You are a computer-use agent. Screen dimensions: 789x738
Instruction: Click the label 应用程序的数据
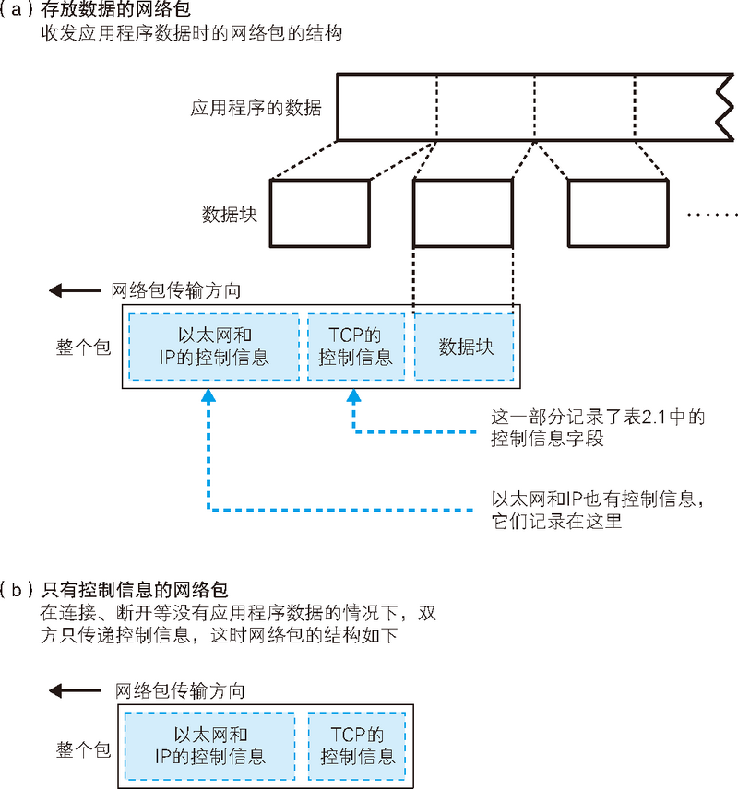tap(256, 108)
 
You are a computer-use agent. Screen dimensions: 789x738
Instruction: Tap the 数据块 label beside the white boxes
tap(229, 214)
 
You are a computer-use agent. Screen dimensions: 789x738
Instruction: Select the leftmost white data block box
tap(320, 213)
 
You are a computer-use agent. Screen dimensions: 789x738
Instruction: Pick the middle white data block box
tap(462, 213)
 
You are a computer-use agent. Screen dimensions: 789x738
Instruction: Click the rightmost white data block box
tap(616, 213)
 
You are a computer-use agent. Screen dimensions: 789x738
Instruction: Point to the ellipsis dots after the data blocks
tap(711, 214)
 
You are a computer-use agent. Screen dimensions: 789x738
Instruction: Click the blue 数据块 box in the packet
tap(466, 347)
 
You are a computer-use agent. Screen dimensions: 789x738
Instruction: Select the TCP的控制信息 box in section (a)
tap(355, 347)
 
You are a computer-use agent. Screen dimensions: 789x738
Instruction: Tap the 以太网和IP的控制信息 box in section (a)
tap(214, 347)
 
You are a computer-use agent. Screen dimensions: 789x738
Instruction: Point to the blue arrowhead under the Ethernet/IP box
tap(208, 396)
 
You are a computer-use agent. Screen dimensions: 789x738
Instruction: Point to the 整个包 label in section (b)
tap(83, 748)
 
